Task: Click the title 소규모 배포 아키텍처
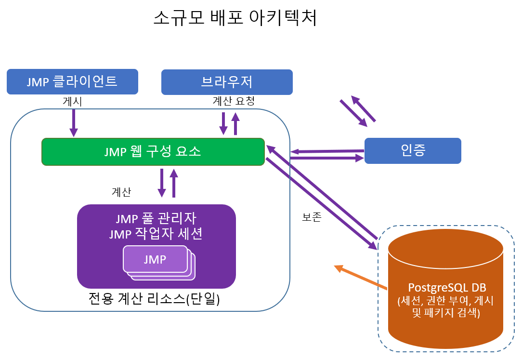pos(235,18)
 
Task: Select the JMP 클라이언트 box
pos(72,81)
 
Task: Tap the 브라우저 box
pos(227,81)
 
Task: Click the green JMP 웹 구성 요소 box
pos(153,152)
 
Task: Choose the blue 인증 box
pos(413,151)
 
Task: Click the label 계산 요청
pos(234,101)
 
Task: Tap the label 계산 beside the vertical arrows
pos(121,192)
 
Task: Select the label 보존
pos(312,217)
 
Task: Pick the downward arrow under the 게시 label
pos(74,123)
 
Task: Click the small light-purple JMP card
pos(155,259)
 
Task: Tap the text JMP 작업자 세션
pos(156,234)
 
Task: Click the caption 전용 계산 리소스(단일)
pos(154,299)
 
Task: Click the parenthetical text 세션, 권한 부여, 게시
pos(445,301)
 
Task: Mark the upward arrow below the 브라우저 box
pos(235,124)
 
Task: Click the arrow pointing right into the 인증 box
pos(327,158)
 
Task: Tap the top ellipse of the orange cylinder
pos(445,248)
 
